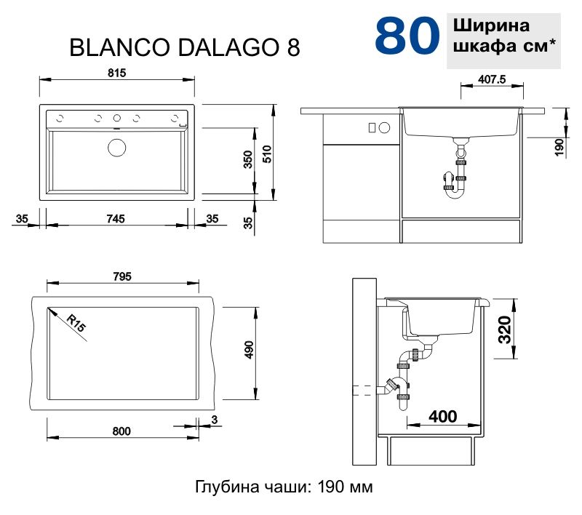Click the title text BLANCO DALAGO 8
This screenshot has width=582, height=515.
coord(184,47)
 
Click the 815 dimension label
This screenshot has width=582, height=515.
coord(118,72)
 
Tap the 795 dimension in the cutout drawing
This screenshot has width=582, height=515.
coord(121,276)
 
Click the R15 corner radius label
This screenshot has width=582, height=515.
coord(75,323)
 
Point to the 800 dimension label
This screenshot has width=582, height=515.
coord(121,431)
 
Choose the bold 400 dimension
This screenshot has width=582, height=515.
coord(442,417)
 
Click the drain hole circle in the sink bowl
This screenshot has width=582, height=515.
coord(116,148)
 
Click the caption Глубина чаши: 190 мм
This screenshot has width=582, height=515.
coord(284,487)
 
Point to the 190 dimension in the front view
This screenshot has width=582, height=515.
coord(559,147)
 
